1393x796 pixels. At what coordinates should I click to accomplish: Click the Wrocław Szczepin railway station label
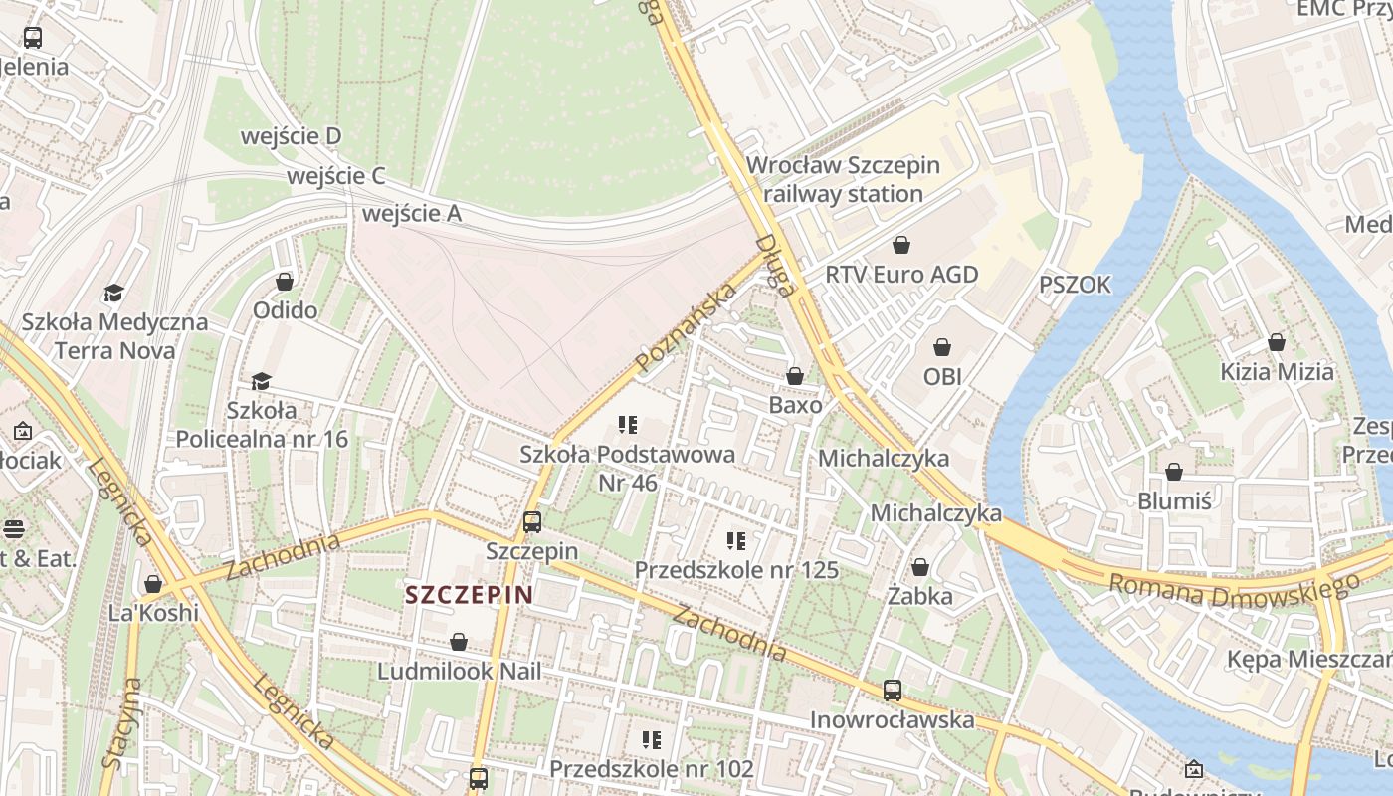pos(843,179)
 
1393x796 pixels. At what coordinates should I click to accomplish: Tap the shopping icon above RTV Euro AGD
pos(901,244)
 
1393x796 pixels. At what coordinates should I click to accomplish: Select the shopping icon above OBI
pos(942,347)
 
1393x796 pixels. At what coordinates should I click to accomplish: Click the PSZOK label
pos(1075,286)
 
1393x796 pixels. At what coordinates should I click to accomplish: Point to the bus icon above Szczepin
pos(532,521)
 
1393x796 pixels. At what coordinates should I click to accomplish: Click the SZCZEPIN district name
pos(470,595)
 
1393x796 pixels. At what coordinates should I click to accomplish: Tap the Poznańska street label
pos(686,326)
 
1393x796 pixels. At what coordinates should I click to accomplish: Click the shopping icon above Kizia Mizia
pos(1277,342)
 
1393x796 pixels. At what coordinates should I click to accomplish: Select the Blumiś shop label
pos(1174,500)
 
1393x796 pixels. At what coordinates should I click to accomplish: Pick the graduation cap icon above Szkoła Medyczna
pos(113,293)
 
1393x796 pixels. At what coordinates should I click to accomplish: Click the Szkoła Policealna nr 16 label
pos(262,424)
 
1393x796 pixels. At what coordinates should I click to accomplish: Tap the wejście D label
pos(292,136)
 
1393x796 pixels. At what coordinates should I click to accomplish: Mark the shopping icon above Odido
pos(285,282)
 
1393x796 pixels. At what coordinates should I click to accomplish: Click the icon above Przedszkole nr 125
pos(736,541)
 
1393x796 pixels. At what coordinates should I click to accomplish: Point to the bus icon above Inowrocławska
pos(893,690)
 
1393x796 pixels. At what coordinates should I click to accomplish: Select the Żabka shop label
pos(920,596)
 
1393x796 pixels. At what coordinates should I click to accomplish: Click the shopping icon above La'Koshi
pos(153,584)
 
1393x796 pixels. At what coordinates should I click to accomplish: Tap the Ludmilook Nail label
pos(459,671)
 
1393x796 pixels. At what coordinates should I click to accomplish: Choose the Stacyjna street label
pos(119,723)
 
